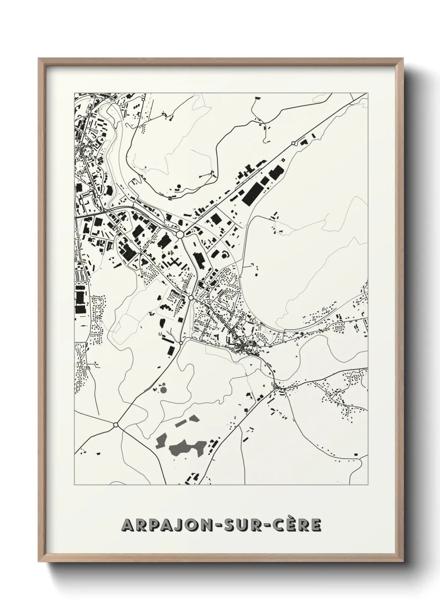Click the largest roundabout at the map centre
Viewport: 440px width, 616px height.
tap(180, 235)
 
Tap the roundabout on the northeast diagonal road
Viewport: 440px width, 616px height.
tap(294, 143)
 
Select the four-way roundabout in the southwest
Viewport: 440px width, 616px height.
tap(115, 425)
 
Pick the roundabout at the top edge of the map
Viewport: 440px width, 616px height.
tap(143, 100)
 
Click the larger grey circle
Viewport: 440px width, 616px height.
tap(163, 390)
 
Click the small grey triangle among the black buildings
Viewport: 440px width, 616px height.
tap(172, 253)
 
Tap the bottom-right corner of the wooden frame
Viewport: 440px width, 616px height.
tap(403, 561)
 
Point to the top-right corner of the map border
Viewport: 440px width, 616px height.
tap(368, 92)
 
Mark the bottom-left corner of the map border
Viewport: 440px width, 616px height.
tap(74, 485)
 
